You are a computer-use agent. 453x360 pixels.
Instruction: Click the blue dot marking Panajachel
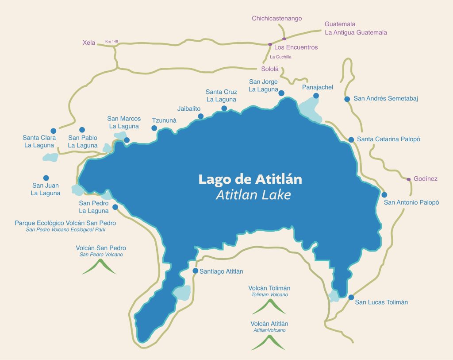tap(316, 96)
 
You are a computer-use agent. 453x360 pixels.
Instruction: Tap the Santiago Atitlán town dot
tap(196, 271)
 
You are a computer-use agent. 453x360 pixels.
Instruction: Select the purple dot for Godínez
tap(408, 179)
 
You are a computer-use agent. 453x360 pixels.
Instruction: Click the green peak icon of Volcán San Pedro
tap(99, 266)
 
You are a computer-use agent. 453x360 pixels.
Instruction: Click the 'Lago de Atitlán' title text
tap(250, 179)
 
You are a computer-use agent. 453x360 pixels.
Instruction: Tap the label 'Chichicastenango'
tap(276, 18)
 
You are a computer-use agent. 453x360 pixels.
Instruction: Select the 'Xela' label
tap(89, 43)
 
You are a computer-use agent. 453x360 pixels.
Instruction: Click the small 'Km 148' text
tap(112, 42)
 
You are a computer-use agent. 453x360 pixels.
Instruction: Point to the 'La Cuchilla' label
tap(280, 57)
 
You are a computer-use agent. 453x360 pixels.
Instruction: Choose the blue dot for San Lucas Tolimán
tap(351, 297)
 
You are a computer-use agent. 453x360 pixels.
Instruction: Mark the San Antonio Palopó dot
tap(384, 194)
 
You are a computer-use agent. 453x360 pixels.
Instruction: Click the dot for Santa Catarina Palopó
tap(351, 139)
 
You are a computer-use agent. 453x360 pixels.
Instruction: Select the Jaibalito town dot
tap(200, 116)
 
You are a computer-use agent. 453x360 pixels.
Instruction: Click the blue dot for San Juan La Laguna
tap(46, 178)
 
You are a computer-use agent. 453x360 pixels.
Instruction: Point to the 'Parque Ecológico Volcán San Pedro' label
tap(65, 223)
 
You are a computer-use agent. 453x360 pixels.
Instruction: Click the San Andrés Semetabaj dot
tap(347, 99)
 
